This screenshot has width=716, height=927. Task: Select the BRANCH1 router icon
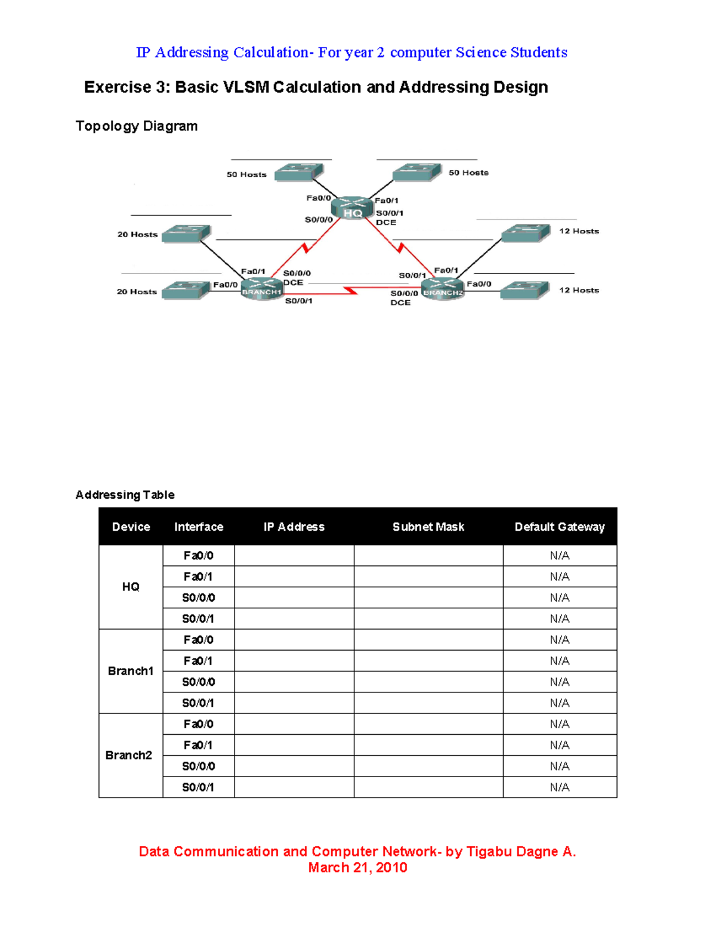point(261,290)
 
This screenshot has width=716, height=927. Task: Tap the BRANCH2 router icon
point(443,290)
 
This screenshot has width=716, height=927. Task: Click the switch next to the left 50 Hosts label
point(299,172)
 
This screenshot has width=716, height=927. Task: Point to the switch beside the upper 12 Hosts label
point(526,233)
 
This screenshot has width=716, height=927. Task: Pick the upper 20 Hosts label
point(137,235)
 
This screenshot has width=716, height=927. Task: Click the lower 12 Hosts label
point(579,290)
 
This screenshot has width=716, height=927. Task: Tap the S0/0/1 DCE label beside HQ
point(389,217)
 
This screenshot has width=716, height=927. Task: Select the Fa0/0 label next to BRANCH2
point(479,284)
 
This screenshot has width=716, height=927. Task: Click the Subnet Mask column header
point(428,527)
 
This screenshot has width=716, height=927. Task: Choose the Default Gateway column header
point(559,527)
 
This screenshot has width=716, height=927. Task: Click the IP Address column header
point(294,527)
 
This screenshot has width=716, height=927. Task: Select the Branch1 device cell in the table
point(131,671)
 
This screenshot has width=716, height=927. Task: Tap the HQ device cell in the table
point(131,587)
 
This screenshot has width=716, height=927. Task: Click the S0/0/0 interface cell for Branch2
point(198,766)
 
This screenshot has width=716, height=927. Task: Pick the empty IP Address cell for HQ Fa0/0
point(294,556)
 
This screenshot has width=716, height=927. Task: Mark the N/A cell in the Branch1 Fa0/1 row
point(559,661)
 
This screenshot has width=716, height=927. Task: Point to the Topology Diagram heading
point(137,126)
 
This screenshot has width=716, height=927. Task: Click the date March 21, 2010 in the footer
point(357,867)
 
